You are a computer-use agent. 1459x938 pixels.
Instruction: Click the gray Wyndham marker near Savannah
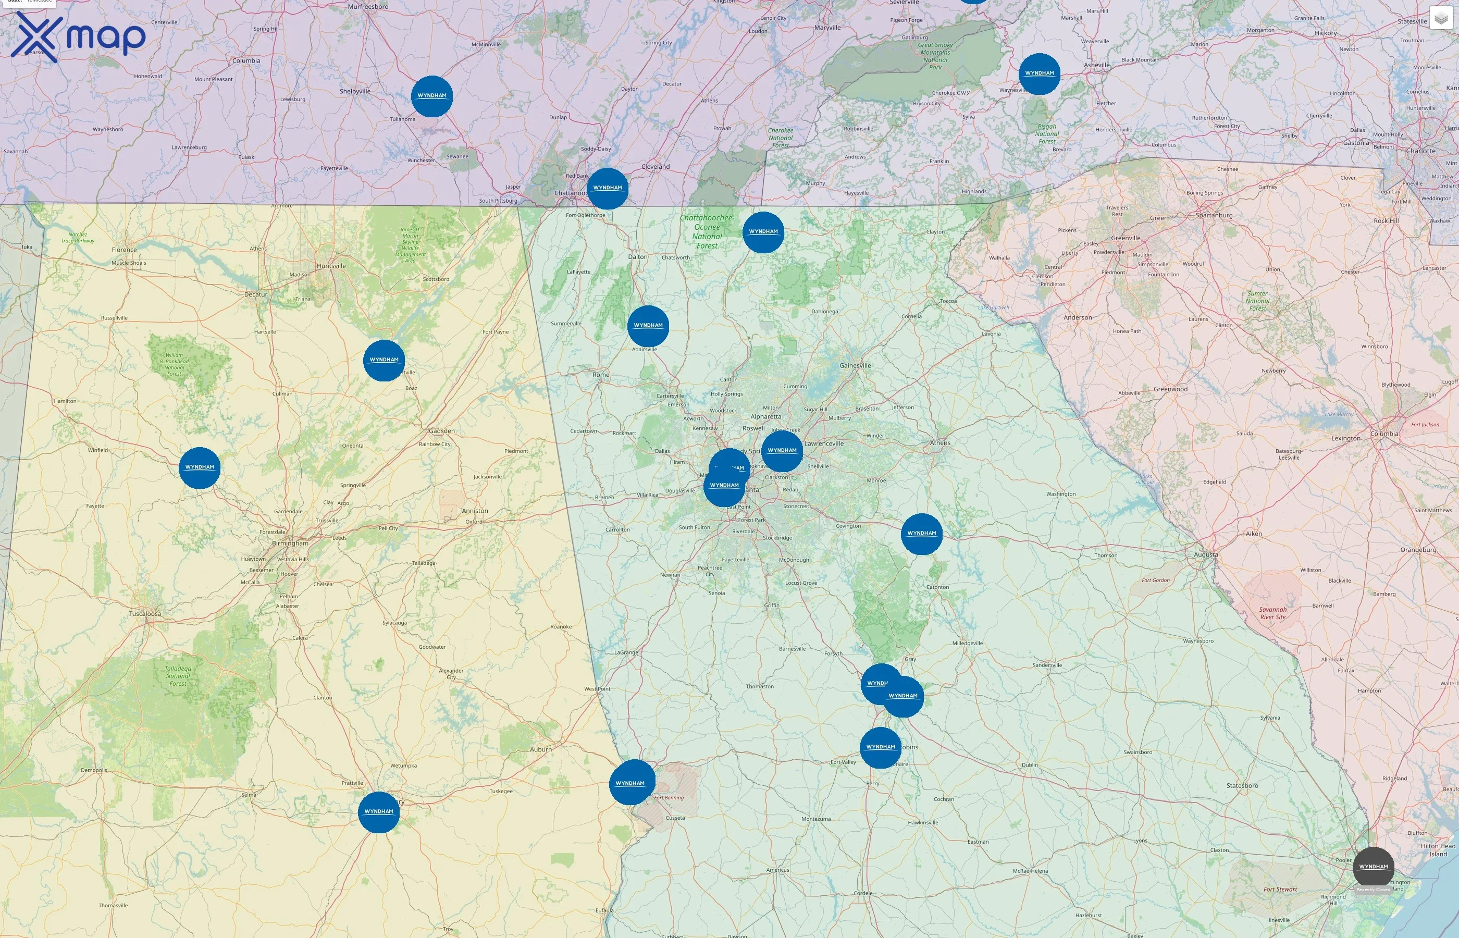(1373, 866)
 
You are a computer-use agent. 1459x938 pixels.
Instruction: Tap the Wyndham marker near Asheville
(1039, 73)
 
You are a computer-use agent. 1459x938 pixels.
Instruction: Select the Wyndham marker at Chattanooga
(607, 188)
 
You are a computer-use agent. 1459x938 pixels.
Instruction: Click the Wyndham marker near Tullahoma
(432, 96)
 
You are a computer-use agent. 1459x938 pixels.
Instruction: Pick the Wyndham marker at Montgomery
(378, 812)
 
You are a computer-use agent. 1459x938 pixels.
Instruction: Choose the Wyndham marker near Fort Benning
(631, 783)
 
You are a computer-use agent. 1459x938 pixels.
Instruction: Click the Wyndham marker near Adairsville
(648, 326)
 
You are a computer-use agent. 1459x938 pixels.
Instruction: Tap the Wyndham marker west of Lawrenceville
(782, 451)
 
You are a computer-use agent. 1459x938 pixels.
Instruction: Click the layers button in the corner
(1440, 18)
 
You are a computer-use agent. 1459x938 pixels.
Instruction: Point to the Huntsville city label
(331, 266)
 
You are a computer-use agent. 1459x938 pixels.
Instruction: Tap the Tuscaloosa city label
(145, 613)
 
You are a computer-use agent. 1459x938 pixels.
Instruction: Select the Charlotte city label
(1420, 151)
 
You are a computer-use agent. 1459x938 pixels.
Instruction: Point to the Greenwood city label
(1170, 389)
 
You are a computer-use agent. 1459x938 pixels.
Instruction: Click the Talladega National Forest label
(178, 676)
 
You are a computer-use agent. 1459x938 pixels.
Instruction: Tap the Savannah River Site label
(1272, 613)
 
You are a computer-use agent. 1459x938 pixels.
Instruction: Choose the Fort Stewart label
(1280, 889)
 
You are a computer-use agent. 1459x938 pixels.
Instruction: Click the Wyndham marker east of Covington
(921, 534)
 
